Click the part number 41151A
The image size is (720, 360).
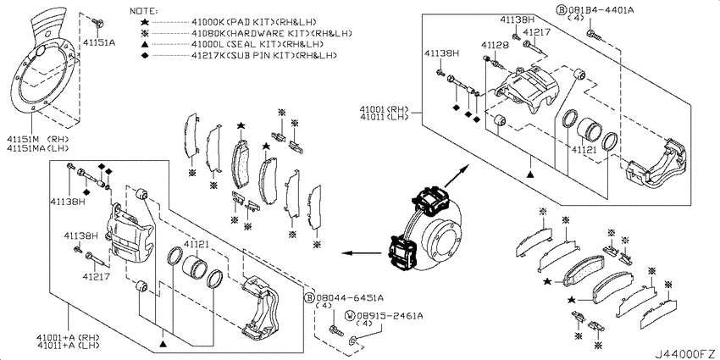coord(99,42)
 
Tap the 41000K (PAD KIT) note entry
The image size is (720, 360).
coord(254,22)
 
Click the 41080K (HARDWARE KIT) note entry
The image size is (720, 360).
coord(272,33)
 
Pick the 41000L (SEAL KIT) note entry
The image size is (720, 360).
coord(258,44)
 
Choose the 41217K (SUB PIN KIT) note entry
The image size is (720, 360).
coord(264,55)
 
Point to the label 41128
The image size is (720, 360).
coord(495,45)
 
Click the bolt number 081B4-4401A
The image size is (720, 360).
coord(601,10)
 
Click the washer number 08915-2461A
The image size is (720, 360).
coord(390,316)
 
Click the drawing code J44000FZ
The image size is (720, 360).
coord(685,354)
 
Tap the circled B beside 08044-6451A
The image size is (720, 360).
coord(310,297)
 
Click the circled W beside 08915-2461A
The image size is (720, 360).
coord(350,316)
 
